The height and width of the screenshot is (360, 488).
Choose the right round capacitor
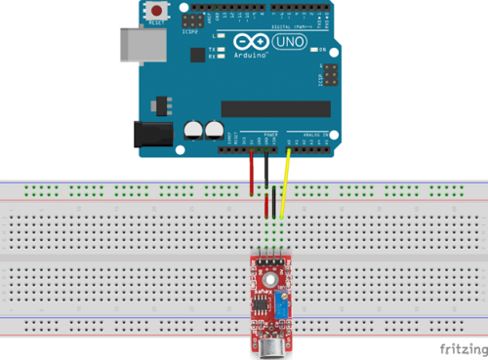tap(214, 128)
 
